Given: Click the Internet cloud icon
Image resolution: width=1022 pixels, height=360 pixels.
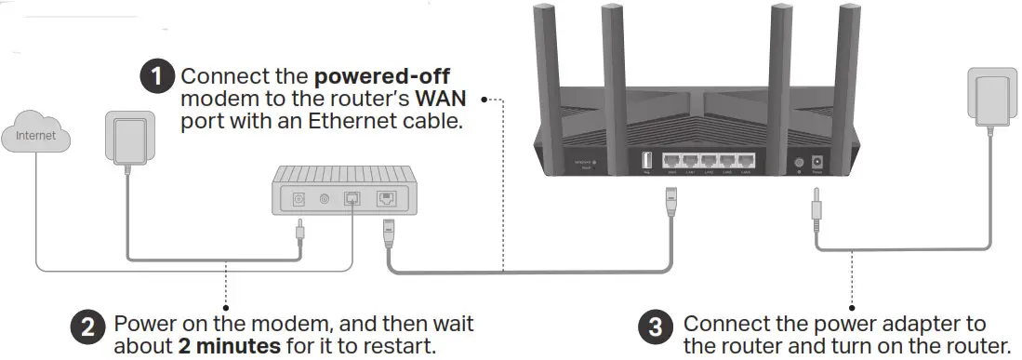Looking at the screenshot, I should (35, 135).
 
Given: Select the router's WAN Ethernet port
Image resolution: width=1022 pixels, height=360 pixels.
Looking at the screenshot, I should (673, 162).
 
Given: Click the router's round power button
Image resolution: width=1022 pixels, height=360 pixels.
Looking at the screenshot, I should (798, 163).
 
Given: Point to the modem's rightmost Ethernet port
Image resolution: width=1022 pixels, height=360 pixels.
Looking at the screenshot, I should (385, 198).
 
